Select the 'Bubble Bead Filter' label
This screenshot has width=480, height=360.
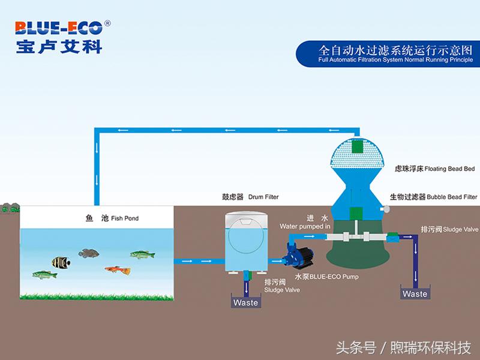(434, 196)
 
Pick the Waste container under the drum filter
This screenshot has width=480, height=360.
(246, 301)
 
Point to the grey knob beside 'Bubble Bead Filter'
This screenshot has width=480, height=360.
(385, 208)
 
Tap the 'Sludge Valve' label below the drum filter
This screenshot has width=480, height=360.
(281, 286)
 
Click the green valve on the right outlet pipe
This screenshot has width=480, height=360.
(393, 236)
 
